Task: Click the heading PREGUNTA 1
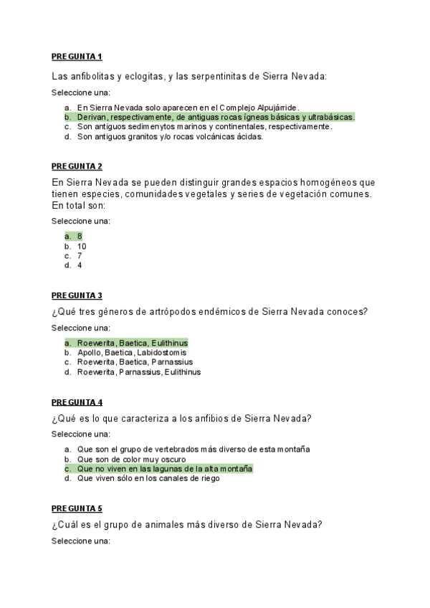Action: tap(77, 56)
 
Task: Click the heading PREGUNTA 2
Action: tap(77, 166)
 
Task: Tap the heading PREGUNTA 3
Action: tap(77, 295)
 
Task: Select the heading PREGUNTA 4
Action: tap(77, 402)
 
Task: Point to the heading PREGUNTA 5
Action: tap(77, 508)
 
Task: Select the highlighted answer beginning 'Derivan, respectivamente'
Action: tap(215, 117)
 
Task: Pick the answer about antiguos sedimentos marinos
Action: tap(204, 126)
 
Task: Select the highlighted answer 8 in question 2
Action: tap(80, 236)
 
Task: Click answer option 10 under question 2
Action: tap(82, 246)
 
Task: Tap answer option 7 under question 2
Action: tap(80, 255)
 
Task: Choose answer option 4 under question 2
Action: tap(80, 265)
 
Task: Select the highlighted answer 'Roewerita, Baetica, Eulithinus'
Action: tap(132, 343)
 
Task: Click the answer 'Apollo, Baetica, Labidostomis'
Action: tap(131, 353)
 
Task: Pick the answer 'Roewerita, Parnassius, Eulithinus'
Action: tap(138, 372)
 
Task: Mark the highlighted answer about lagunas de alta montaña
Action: tap(164, 469)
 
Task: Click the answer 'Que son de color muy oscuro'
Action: tap(131, 459)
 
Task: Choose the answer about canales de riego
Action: tap(148, 478)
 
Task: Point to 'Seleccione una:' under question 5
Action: tap(81, 541)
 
